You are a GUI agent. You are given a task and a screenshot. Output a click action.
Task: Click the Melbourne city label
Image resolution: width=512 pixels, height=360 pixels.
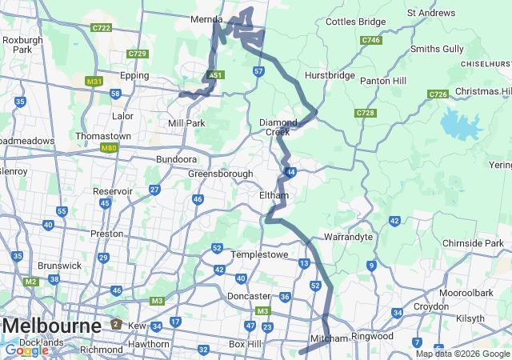pos(52,326)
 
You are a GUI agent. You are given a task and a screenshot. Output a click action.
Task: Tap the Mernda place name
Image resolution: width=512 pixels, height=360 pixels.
pos(206,19)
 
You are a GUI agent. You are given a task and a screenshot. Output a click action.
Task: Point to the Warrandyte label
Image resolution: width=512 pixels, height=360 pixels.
pos(349,238)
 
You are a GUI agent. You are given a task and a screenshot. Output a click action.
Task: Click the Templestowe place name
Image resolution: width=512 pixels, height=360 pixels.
pos(258,254)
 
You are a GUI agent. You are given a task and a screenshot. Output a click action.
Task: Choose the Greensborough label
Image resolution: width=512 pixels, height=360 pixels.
pos(221,174)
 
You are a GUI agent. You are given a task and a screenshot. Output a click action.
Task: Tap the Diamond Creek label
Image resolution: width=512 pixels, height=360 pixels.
pos(278,126)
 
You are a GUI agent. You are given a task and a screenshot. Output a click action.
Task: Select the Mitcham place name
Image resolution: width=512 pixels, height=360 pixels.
pos(330,338)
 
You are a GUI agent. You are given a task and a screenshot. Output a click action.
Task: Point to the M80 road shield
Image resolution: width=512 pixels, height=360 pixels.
pos(109,148)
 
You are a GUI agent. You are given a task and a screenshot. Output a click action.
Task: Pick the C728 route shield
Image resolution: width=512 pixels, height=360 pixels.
pos(365,113)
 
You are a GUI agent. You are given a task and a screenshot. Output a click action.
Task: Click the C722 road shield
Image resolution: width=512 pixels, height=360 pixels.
pos(101,27)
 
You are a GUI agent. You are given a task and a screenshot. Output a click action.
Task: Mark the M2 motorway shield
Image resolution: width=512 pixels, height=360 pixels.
pos(30,282)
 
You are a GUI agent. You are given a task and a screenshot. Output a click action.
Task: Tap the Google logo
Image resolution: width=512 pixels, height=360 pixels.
pos(26,350)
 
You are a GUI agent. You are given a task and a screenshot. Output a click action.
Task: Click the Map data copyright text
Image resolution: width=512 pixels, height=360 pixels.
pos(462,354)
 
